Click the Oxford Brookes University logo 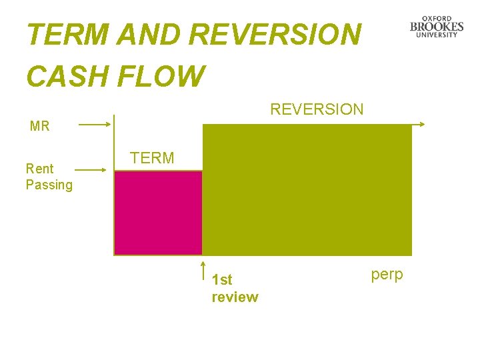[x=437, y=27]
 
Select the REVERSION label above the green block [x=317, y=109]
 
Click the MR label [x=40, y=126]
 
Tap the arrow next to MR [x=94, y=124]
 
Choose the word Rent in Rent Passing [x=39, y=169]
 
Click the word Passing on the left [x=49, y=185]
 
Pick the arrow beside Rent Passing [x=91, y=170]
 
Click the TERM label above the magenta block [x=152, y=158]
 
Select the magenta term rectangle [x=158, y=213]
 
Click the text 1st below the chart [x=221, y=280]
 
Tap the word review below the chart [x=235, y=297]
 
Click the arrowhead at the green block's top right [x=422, y=124]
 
